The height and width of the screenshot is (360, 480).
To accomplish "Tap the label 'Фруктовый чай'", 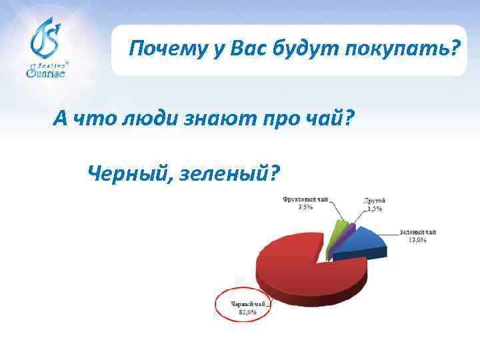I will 306,199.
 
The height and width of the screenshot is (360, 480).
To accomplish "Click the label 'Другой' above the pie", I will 375,200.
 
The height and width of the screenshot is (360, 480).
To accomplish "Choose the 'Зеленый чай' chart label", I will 417,232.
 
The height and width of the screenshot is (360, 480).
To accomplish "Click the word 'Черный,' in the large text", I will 127,174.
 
